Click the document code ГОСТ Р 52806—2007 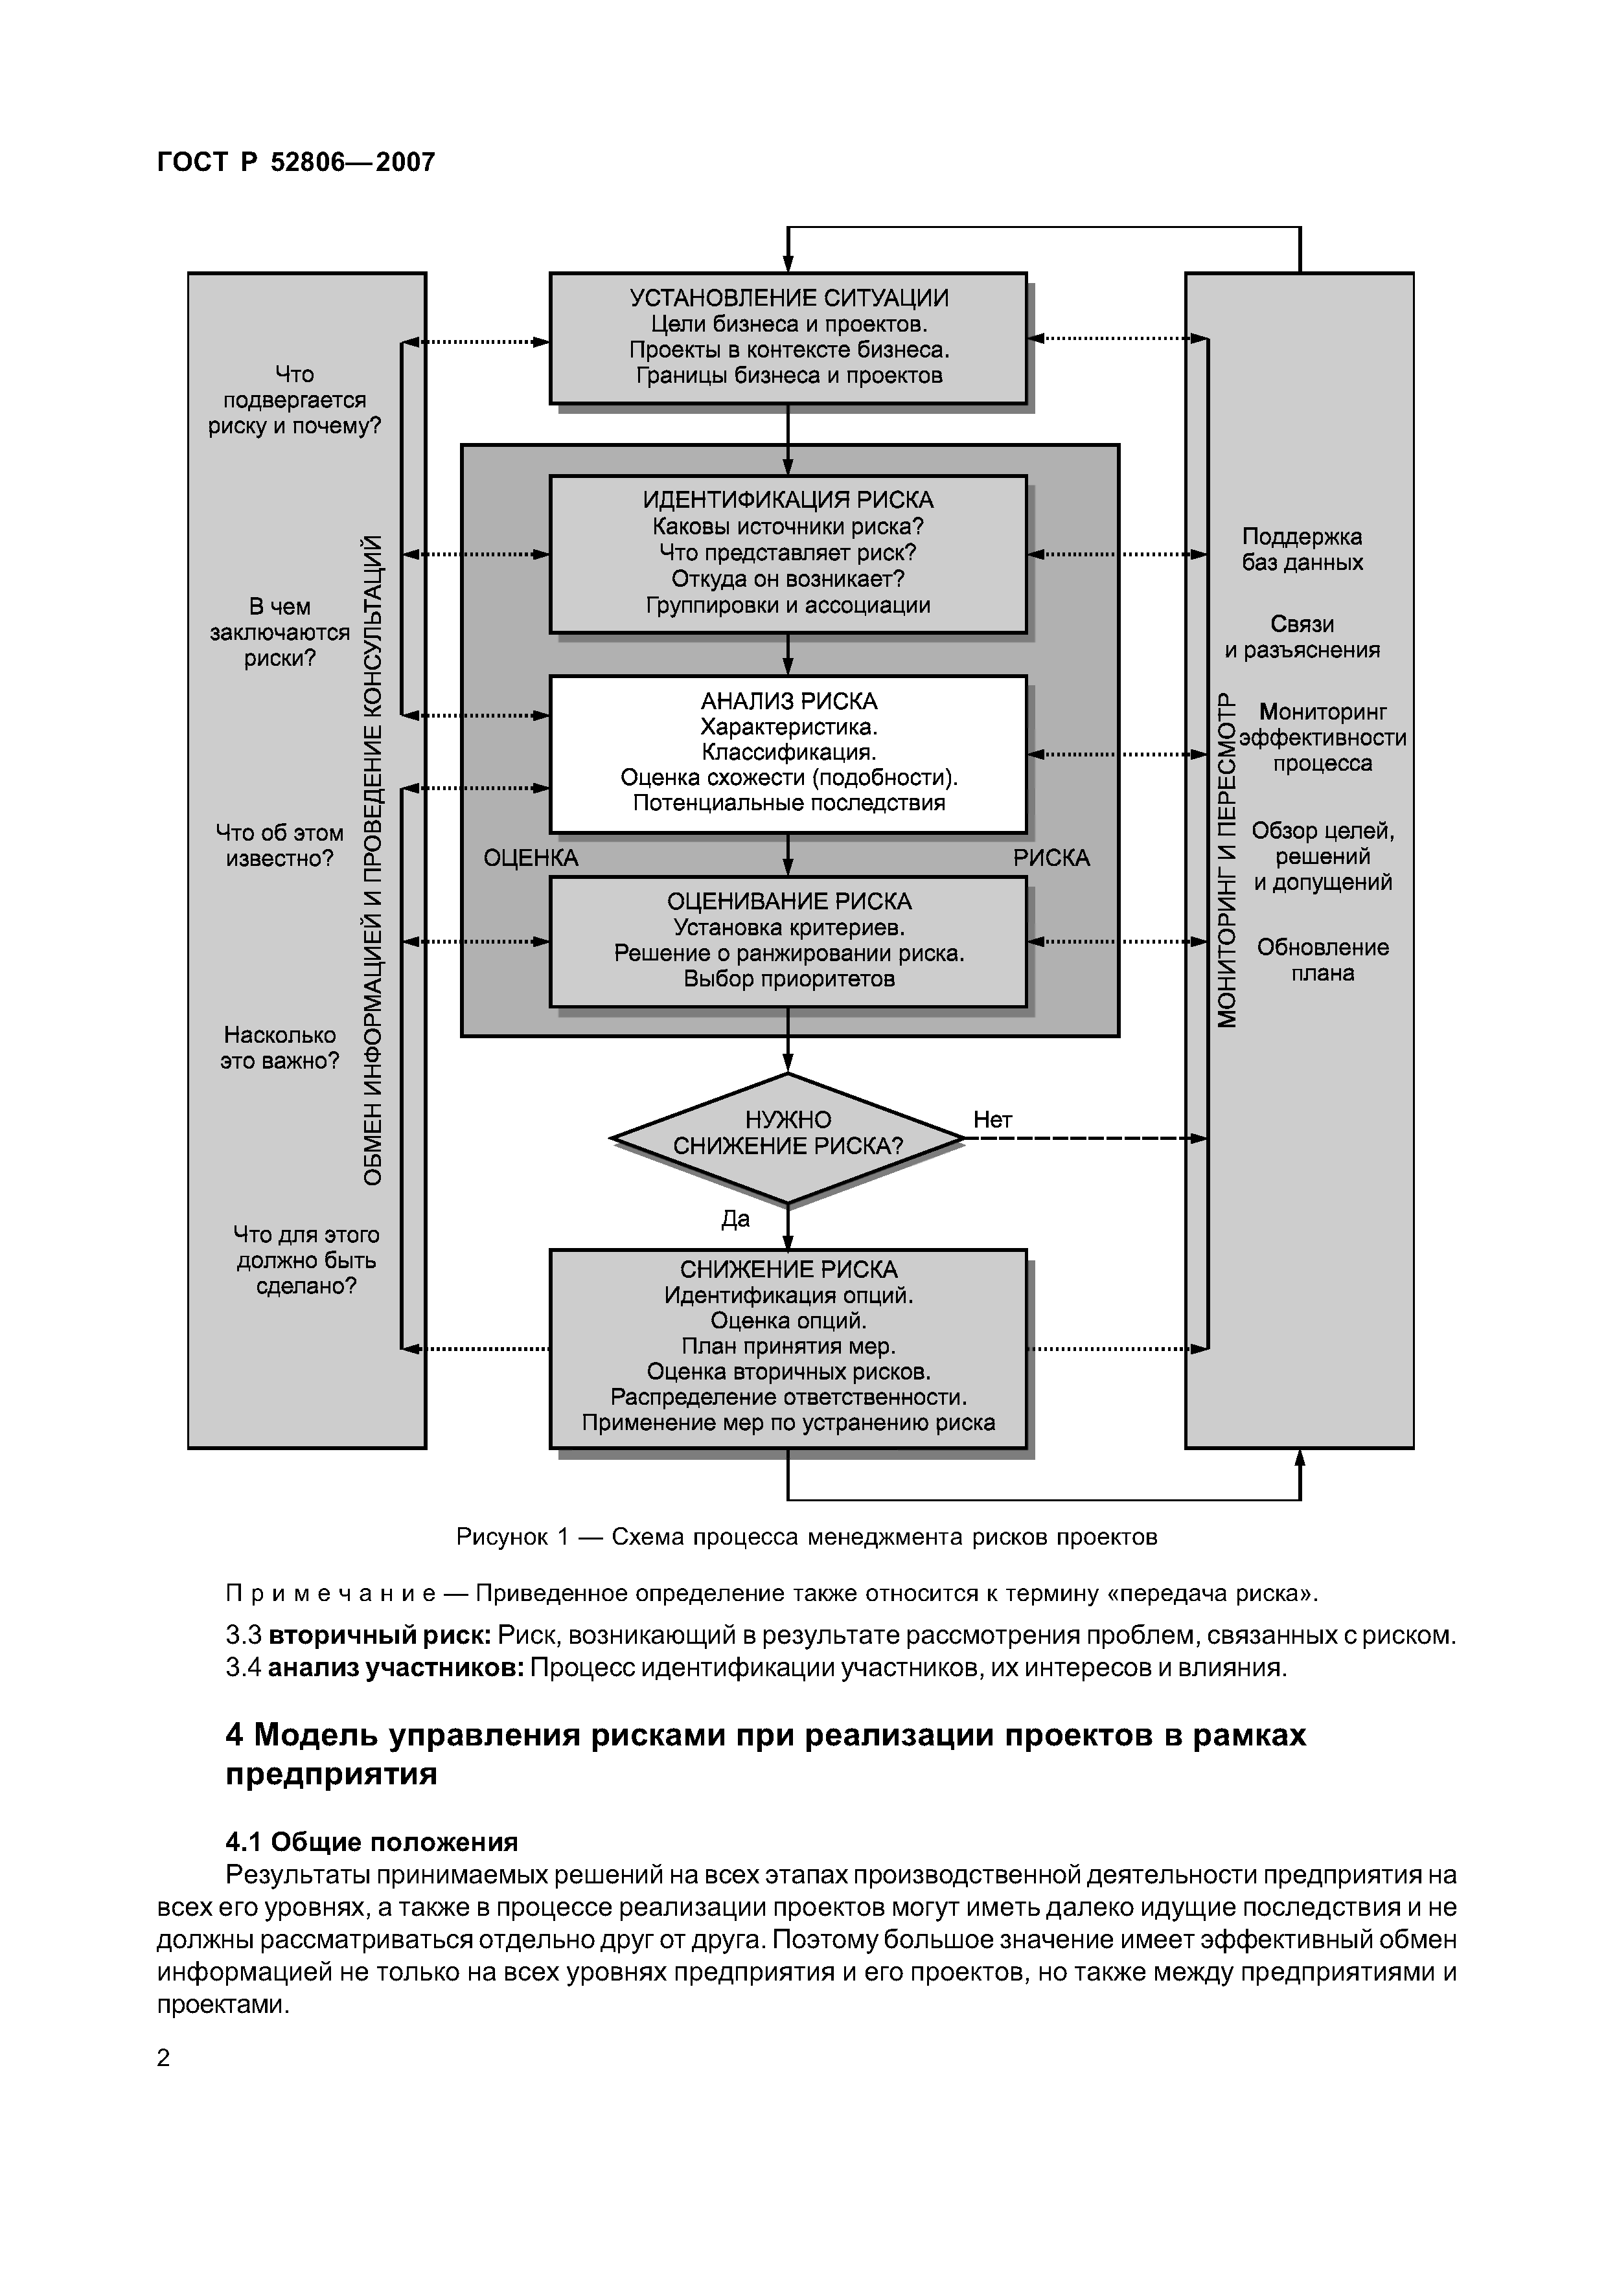[x=296, y=163]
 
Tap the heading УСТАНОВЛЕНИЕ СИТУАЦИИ [x=788, y=298]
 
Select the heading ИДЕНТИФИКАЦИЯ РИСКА [x=788, y=501]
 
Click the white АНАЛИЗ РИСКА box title [x=788, y=701]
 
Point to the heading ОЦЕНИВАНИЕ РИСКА [x=788, y=902]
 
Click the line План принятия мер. [x=788, y=1346]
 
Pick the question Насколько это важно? [x=279, y=1048]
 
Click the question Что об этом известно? [x=279, y=845]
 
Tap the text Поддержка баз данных [x=1302, y=549]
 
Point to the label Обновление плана [x=1322, y=960]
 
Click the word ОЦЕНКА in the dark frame [x=531, y=858]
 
